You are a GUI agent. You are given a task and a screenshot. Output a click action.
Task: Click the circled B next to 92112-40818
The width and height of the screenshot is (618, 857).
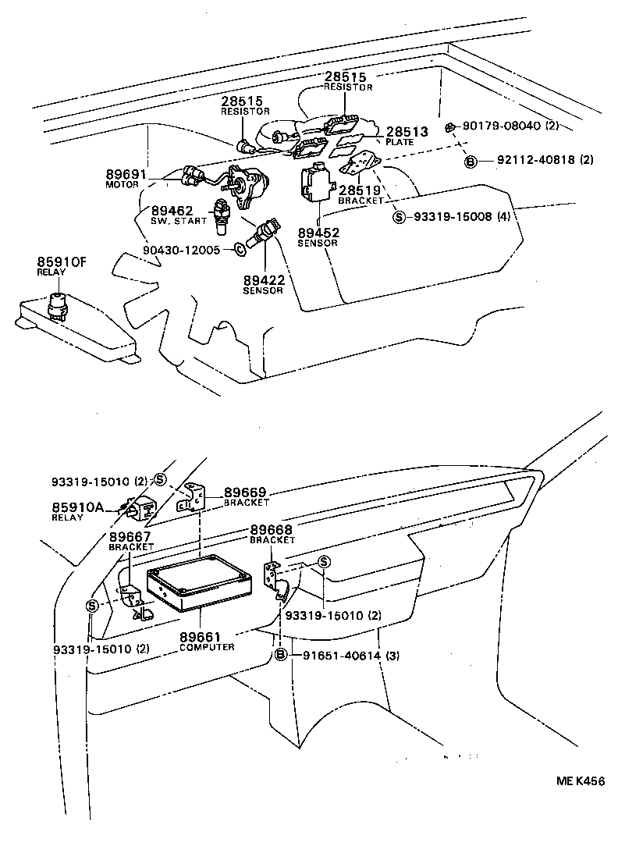(471, 161)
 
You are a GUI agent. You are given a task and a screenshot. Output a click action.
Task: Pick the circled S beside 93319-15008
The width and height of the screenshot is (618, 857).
(399, 216)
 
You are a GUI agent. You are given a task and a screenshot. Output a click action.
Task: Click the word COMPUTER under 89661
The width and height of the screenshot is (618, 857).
(207, 647)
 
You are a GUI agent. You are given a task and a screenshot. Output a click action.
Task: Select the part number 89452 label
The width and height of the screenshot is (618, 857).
(318, 232)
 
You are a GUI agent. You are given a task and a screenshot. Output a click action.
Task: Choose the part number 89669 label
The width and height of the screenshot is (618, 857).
(246, 493)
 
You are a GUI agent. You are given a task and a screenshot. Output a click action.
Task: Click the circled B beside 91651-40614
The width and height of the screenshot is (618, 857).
(282, 656)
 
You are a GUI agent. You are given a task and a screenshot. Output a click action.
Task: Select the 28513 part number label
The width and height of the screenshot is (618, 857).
(407, 133)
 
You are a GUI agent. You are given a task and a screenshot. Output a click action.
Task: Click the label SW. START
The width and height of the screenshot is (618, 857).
(179, 221)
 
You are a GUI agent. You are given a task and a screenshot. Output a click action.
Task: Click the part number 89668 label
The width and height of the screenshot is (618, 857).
(272, 530)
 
